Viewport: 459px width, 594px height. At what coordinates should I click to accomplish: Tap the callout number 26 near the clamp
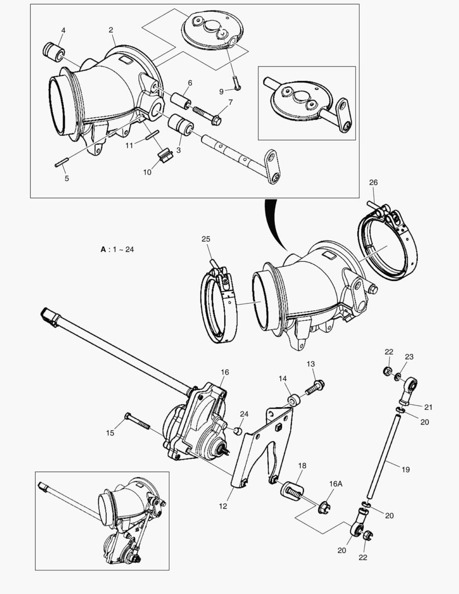tap(373, 183)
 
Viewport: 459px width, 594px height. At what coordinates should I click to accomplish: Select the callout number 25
tap(206, 239)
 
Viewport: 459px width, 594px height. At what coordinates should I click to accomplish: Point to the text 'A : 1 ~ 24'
tap(117, 249)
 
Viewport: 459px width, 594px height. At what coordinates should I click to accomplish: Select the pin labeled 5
tap(62, 163)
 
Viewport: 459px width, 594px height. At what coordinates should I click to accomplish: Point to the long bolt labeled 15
tap(140, 422)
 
